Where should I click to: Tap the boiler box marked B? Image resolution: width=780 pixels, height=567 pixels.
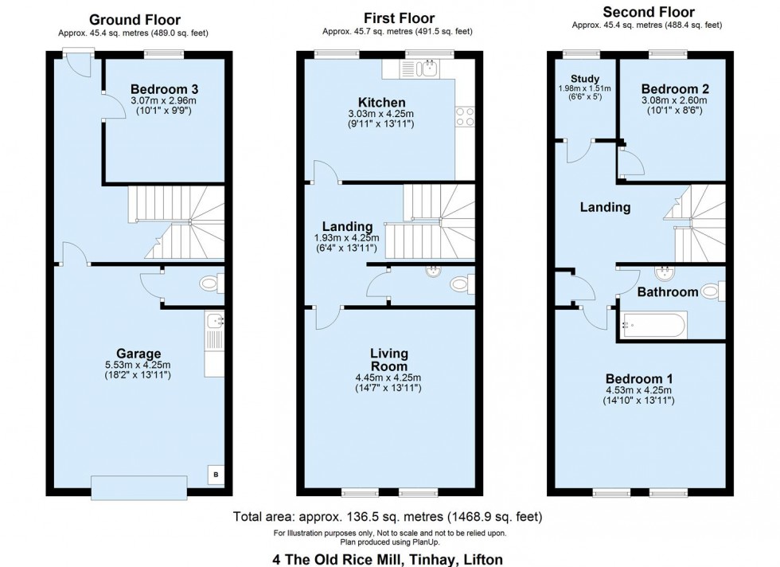[215, 475]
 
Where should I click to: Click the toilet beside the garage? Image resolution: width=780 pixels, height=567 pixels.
[210, 283]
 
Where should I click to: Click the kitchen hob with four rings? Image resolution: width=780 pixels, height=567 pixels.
[465, 117]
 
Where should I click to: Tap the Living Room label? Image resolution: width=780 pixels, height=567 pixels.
[389, 359]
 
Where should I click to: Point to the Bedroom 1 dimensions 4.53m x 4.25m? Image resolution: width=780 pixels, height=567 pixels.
[639, 390]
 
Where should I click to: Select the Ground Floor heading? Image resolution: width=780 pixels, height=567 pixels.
[135, 20]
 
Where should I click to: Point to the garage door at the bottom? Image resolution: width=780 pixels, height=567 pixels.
[139, 484]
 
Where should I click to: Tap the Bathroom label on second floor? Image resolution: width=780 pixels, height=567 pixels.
[667, 292]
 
